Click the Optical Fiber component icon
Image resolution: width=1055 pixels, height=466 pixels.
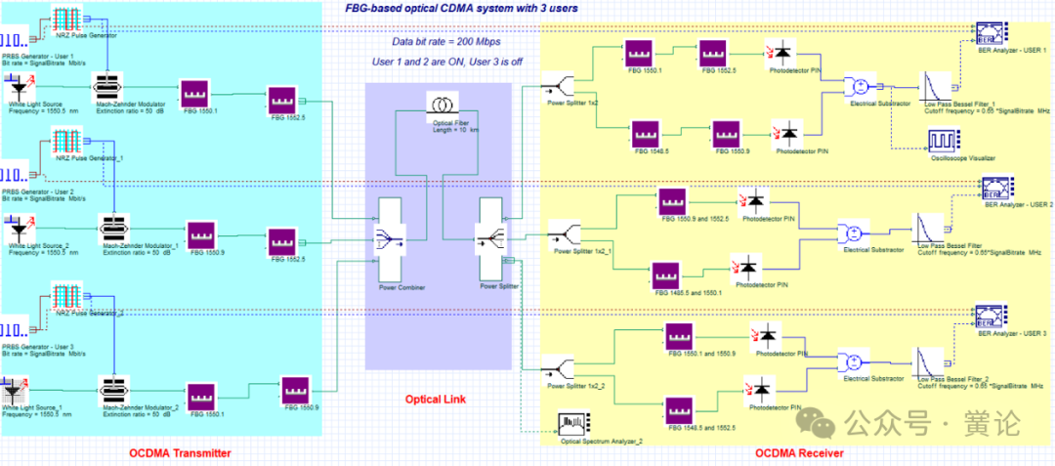click(439, 105)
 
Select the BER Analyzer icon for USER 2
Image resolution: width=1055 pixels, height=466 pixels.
click(997, 187)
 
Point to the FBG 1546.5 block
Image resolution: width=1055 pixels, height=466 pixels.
click(647, 132)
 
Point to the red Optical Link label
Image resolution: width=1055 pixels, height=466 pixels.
click(437, 400)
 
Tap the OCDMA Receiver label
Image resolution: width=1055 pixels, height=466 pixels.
click(799, 453)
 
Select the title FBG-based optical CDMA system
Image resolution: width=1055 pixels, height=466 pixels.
click(460, 8)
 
